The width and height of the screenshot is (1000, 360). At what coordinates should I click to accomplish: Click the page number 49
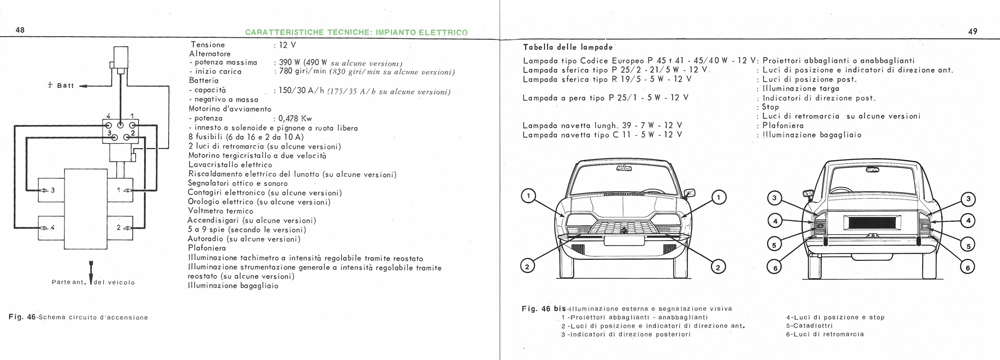[972, 31]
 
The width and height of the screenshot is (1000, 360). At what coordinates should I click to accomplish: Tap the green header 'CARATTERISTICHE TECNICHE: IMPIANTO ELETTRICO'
[357, 33]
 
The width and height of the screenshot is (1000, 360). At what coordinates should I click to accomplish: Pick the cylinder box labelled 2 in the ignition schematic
[119, 227]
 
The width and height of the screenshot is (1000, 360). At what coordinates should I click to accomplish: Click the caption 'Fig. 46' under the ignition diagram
[21, 317]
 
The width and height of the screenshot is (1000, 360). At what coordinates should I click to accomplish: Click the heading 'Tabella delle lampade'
[568, 47]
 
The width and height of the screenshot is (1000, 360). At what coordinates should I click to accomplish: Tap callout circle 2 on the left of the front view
[527, 267]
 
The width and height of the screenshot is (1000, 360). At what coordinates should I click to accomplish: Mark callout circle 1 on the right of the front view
[718, 198]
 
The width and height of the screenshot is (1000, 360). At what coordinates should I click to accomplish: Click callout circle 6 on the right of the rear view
[967, 267]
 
